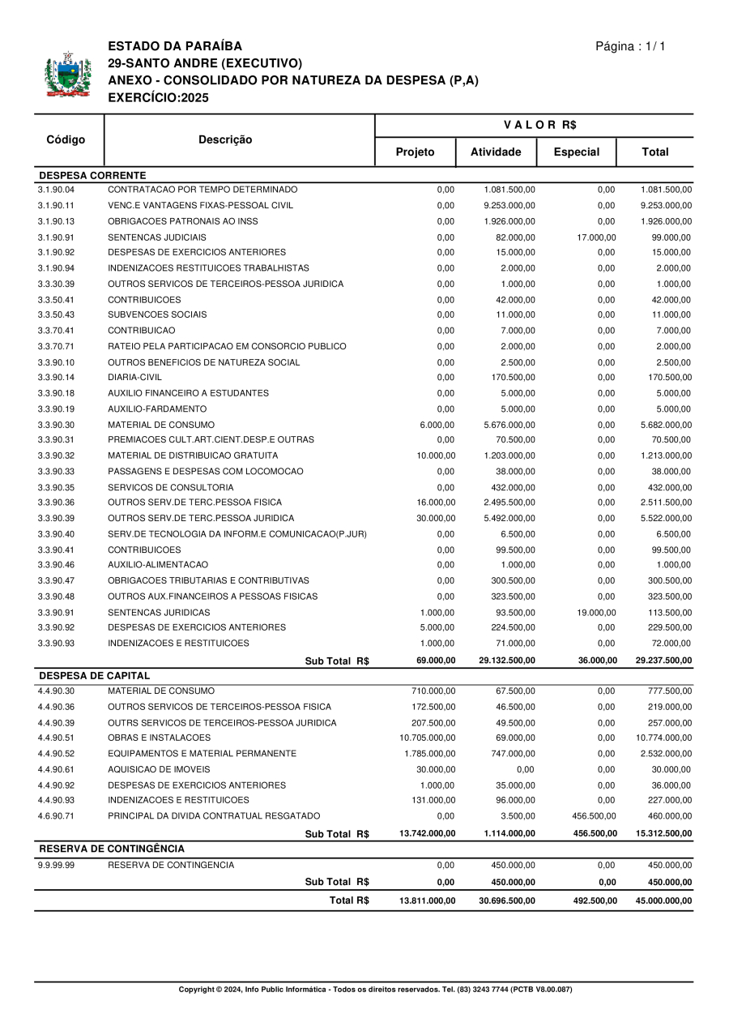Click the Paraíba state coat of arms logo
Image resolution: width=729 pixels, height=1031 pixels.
coord(67,75)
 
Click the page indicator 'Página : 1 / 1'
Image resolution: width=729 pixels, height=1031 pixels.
coord(630,46)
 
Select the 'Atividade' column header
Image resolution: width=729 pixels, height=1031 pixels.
coord(496,152)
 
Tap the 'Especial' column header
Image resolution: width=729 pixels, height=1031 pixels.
coord(576,152)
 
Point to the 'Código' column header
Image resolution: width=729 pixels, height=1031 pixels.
coord(66,139)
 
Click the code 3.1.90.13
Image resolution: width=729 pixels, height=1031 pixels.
coord(56,221)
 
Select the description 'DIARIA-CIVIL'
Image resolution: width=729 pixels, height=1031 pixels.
coord(134,378)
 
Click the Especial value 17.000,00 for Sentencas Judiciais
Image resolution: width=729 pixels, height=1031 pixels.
coord(595,237)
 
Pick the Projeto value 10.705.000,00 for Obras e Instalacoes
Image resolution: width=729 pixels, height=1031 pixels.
coord(427,738)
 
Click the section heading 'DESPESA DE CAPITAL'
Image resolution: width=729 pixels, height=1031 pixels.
coord(95,675)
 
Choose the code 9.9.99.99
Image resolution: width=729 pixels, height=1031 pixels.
coord(56,866)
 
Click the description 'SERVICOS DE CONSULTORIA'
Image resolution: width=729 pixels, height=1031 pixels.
coord(170,488)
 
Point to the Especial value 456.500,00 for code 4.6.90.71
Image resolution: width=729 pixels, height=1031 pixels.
coord(594,816)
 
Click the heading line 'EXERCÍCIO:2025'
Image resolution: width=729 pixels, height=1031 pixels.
coord(158,97)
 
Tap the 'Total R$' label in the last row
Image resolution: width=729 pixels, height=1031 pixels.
coord(349,901)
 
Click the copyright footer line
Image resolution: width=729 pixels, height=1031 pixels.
coord(375,990)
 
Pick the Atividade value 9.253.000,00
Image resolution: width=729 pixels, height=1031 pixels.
coord(509,206)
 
